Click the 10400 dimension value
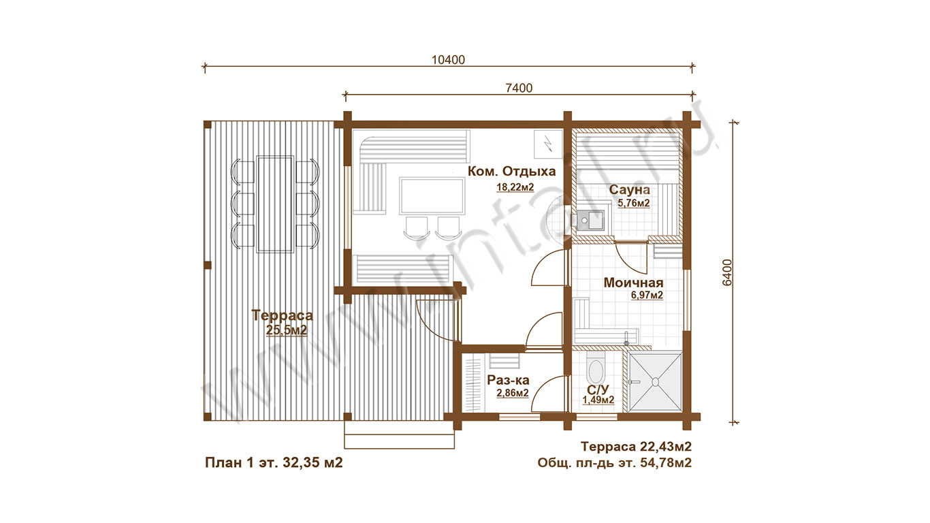[449, 60]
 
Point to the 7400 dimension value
[519, 88]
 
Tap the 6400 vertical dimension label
[727, 272]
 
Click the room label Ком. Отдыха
[511, 171]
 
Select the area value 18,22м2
[515, 187]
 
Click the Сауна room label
[629, 189]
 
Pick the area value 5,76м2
[634, 203]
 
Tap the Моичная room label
[633, 283]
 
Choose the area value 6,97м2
[647, 296]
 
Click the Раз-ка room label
[508, 380]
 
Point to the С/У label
[598, 390]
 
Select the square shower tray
[655, 381]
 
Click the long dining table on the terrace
[275, 204]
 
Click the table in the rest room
[432, 195]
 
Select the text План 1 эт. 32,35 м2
[274, 462]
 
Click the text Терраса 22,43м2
[636, 447]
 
